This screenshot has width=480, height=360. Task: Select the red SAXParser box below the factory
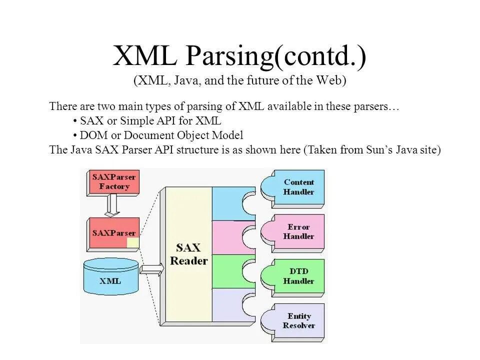(113, 233)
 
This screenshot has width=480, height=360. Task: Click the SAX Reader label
(188, 254)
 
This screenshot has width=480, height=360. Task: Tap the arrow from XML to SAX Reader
(151, 270)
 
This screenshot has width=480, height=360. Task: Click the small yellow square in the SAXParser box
(132, 243)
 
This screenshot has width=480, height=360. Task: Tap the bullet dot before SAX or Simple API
(74, 121)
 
